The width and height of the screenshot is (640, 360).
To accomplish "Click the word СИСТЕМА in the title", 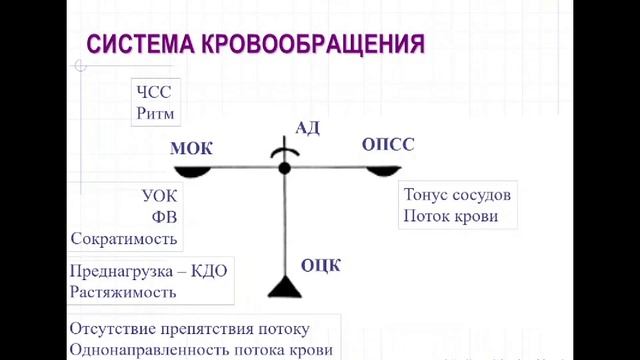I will [x=134, y=45].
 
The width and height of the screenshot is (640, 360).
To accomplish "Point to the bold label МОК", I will [x=192, y=149].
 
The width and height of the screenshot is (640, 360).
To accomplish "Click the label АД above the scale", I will [x=308, y=127].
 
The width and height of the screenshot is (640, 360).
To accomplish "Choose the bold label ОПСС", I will [x=388, y=145].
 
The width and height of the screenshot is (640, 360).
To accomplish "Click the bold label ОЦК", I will [x=321, y=265].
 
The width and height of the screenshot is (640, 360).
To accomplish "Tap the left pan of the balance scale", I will [x=190, y=172].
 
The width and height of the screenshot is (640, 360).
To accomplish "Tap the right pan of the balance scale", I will [x=383, y=172].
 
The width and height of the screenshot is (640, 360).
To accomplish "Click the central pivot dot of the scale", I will [x=285, y=168].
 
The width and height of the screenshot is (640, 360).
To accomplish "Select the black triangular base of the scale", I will [x=285, y=287].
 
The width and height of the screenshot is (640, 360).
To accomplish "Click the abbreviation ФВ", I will [x=165, y=216].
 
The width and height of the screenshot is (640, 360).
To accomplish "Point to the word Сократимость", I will [x=124, y=238].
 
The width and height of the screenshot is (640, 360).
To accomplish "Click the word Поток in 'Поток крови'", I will [x=426, y=216].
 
